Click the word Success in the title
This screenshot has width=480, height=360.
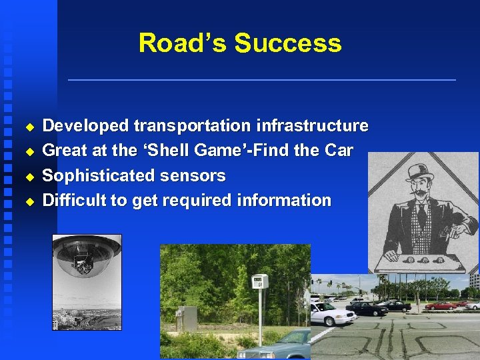(288, 43)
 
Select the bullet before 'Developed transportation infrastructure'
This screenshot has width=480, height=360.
(29, 126)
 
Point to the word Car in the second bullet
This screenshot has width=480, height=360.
(338, 151)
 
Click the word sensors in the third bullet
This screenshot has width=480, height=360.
(198, 176)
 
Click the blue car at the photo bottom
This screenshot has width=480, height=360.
(280, 347)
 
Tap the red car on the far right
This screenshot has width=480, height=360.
(440, 305)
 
